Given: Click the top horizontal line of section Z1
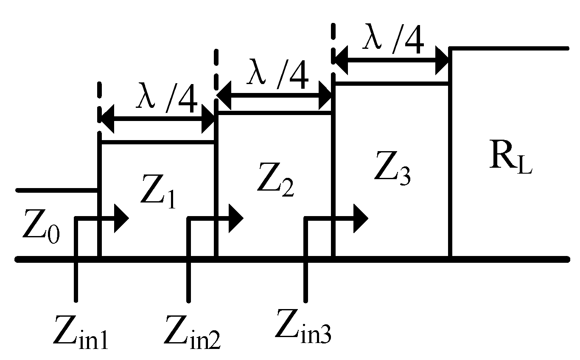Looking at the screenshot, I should [157, 143].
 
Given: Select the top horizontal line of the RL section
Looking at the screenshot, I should [509, 48].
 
